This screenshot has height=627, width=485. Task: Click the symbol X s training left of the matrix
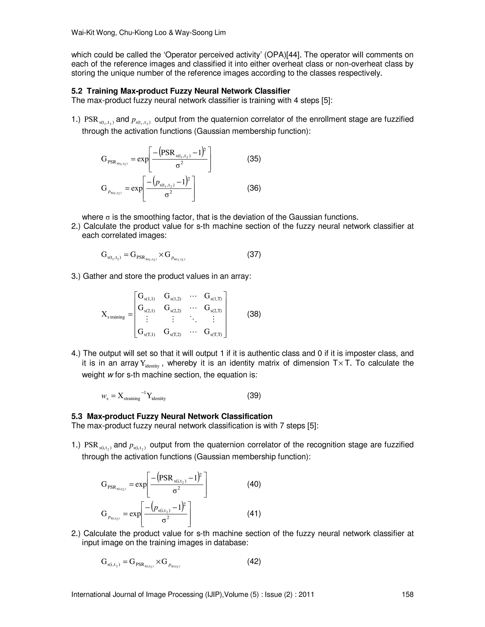click(x=113, y=315)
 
